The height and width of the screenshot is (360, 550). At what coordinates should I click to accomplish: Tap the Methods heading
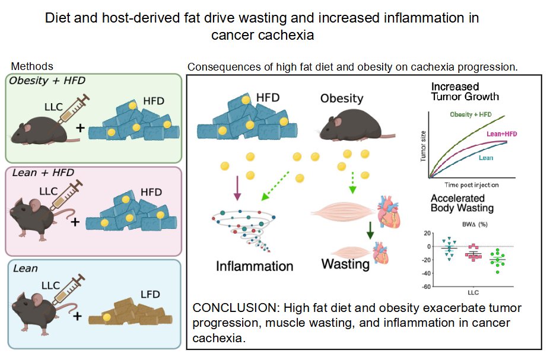[32, 66]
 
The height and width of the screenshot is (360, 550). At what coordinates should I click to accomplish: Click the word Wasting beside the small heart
[345, 263]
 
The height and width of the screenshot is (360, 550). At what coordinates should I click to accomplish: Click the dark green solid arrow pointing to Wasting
[370, 231]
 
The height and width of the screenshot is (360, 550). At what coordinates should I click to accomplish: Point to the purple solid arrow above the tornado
[236, 185]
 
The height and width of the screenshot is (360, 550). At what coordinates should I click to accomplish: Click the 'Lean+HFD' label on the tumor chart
[501, 134]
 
